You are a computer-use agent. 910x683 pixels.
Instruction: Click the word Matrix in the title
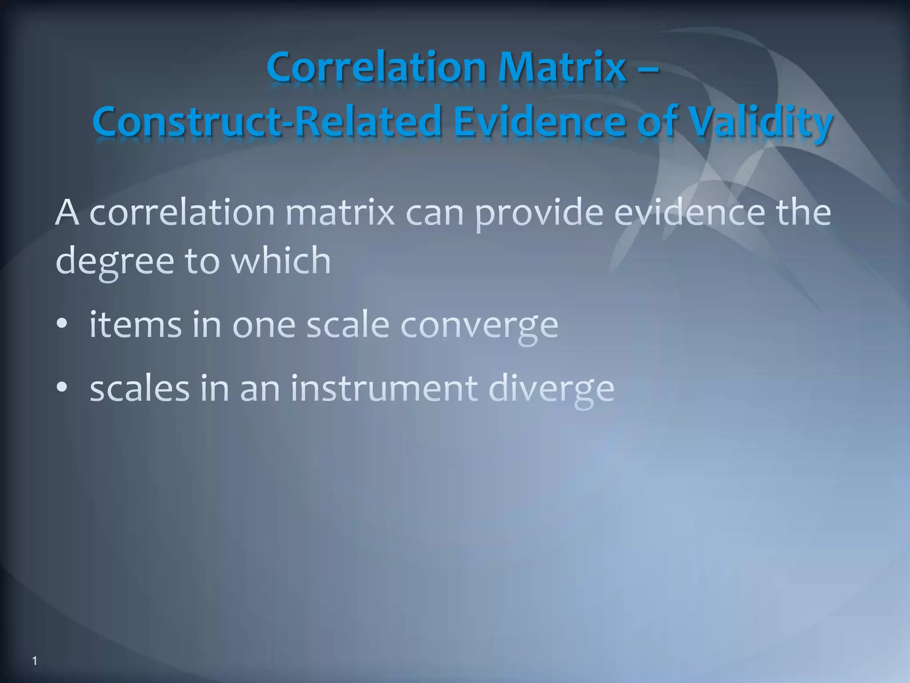point(562,68)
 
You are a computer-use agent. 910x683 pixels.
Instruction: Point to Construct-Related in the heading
point(266,121)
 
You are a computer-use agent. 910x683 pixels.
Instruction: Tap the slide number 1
point(35,661)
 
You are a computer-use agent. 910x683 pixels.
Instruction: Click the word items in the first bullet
point(136,325)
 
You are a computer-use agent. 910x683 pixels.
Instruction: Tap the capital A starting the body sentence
point(67,213)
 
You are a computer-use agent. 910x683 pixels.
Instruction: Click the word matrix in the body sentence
point(340,213)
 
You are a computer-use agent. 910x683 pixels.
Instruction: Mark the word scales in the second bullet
point(140,388)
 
